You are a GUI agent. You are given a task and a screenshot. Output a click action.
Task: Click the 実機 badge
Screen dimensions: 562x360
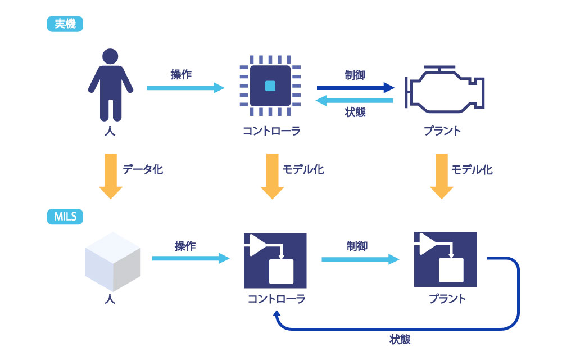65,24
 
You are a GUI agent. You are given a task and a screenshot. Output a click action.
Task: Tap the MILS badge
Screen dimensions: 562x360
65,217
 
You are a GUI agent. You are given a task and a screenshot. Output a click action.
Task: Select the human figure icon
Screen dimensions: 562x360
110,84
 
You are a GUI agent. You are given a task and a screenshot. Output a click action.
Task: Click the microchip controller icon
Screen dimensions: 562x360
270,85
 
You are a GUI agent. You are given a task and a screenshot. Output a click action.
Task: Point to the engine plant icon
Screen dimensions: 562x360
445,89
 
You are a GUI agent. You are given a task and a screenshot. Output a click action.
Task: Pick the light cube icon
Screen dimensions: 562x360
113,262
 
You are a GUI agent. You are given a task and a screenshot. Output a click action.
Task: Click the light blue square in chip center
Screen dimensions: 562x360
270,86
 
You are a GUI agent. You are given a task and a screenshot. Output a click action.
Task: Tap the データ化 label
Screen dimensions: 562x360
143,169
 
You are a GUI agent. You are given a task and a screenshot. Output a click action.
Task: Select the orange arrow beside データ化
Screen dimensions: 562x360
110,176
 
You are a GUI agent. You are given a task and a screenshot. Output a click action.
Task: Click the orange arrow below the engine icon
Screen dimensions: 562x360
442,176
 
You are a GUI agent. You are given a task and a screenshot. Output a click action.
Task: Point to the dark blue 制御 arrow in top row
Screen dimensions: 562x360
356,88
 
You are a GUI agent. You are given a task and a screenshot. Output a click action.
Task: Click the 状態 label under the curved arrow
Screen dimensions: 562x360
400,339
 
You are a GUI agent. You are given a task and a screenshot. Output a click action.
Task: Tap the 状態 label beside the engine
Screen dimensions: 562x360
355,112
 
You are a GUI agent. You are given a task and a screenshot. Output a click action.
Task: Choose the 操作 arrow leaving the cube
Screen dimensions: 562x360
191,258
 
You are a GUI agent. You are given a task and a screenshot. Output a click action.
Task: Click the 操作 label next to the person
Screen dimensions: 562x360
181,75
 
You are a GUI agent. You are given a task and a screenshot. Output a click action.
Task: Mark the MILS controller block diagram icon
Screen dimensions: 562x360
275,260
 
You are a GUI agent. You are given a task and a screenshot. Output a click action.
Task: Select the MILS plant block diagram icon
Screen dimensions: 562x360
445,259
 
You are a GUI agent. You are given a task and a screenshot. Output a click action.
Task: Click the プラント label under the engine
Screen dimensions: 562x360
442,131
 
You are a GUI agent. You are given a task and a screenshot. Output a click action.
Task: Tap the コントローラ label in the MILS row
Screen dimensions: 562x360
277,299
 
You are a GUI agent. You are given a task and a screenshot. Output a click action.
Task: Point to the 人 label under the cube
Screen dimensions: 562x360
110,299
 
